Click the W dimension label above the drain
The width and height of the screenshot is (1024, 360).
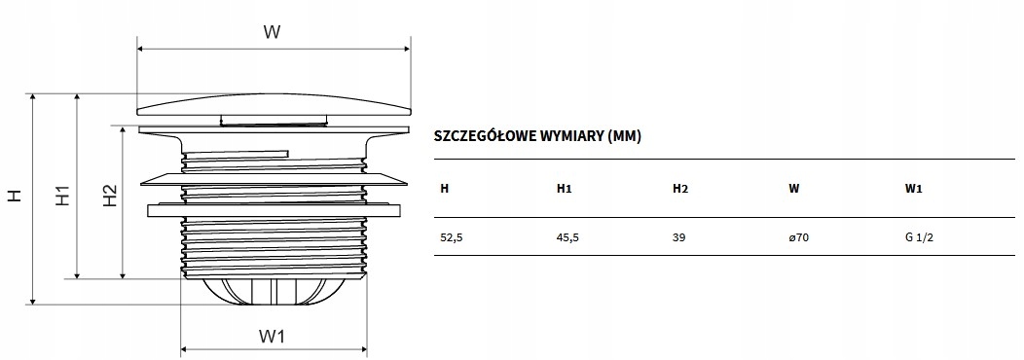click(x=273, y=32)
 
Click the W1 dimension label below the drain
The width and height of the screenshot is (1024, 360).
click(x=272, y=337)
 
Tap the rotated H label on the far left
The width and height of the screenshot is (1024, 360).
click(x=15, y=196)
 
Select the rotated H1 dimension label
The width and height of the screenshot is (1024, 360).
click(x=61, y=196)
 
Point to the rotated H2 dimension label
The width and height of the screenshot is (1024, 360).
click(x=109, y=196)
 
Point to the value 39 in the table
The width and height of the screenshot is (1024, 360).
click(x=679, y=237)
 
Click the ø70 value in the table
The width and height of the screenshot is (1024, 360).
click(x=798, y=237)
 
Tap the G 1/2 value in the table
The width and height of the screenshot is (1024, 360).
click(x=919, y=237)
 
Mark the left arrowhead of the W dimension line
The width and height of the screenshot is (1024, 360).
click(x=141, y=47)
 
